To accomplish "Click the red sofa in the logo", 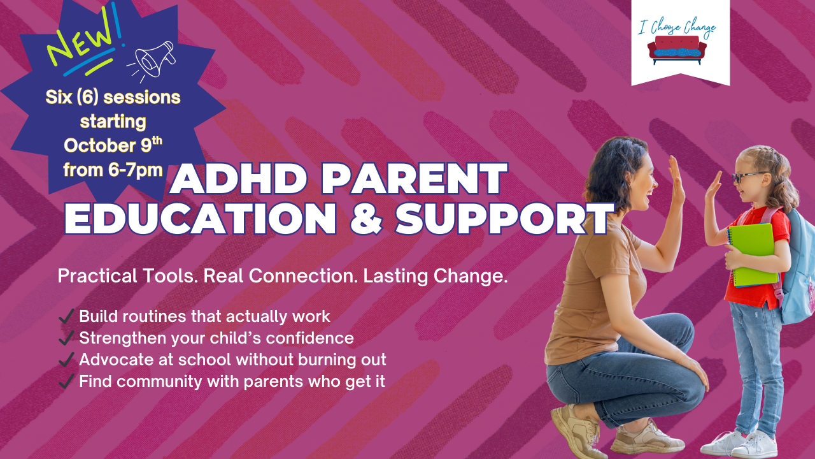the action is (x=677, y=50).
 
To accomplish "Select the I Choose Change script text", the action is (x=677, y=27).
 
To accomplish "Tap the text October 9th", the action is (x=113, y=145).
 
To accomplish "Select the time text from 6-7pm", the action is (x=113, y=170).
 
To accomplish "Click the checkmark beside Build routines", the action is (x=66, y=316).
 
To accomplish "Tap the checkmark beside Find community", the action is (x=66, y=381).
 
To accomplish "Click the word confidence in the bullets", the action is (x=309, y=338).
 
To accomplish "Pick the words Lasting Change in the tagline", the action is (x=435, y=276).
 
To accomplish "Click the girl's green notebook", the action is (x=752, y=255).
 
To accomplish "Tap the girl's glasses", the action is (x=749, y=177).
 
